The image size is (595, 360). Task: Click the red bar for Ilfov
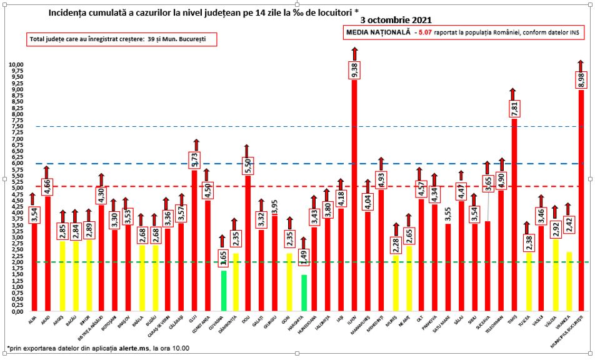354,200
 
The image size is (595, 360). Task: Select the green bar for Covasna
223,291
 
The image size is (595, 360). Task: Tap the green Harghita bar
304,292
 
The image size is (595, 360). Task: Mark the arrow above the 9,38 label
354,53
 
